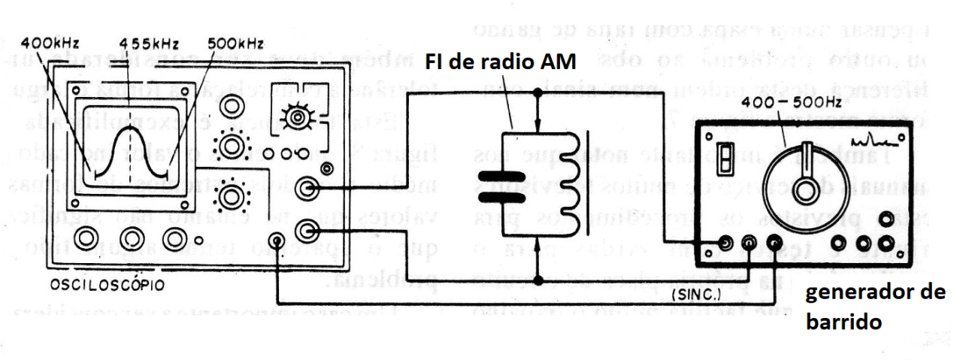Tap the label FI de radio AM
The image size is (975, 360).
501,63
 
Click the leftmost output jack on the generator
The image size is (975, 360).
726,243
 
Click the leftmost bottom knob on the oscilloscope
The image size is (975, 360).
88,238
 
